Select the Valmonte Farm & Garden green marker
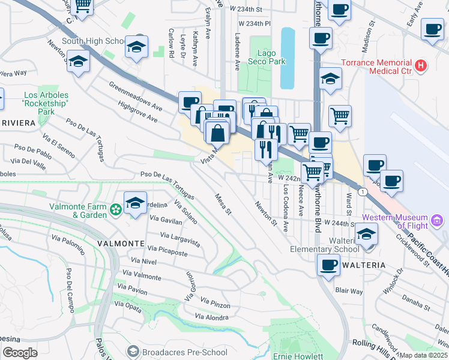pos(116,211)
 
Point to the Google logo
pos(20,353)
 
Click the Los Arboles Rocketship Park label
pos(46,103)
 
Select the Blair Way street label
pos(349,291)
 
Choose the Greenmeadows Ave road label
pos(136,97)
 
